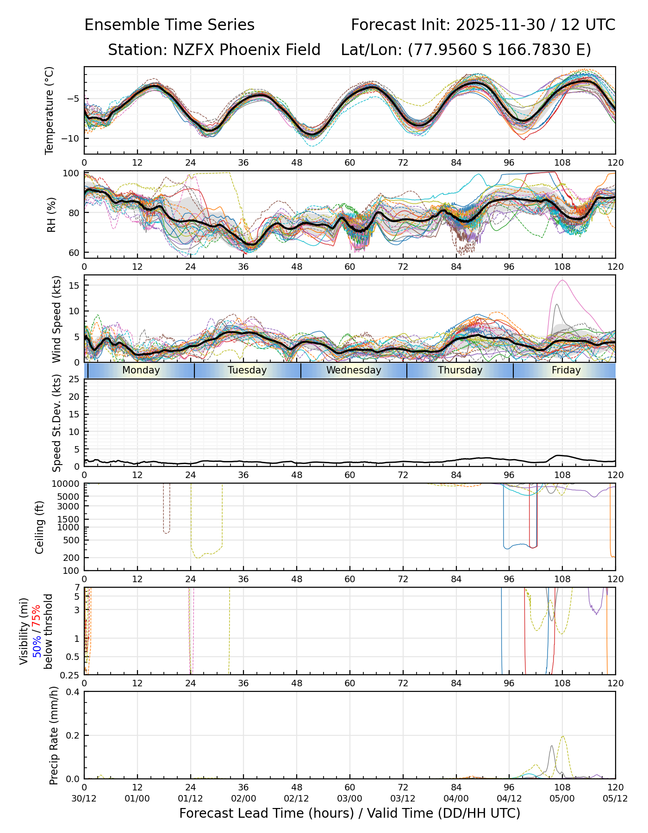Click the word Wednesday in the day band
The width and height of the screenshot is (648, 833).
[x=354, y=370]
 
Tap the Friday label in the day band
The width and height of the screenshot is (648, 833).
[x=566, y=370]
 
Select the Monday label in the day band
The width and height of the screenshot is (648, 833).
[x=141, y=370]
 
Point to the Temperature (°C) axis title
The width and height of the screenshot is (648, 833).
[x=50, y=110]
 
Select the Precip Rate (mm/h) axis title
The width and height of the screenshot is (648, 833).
[x=54, y=735]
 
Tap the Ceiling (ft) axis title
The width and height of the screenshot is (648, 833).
[x=40, y=527]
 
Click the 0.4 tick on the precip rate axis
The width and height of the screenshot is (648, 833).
[x=74, y=692]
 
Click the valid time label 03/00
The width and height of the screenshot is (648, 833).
[x=349, y=799]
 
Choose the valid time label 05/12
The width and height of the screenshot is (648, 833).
[x=615, y=799]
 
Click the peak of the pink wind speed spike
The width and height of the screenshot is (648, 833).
[x=562, y=280]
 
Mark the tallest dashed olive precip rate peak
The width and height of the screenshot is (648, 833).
[x=562, y=736]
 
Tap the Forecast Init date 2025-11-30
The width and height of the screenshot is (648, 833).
[x=500, y=25]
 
